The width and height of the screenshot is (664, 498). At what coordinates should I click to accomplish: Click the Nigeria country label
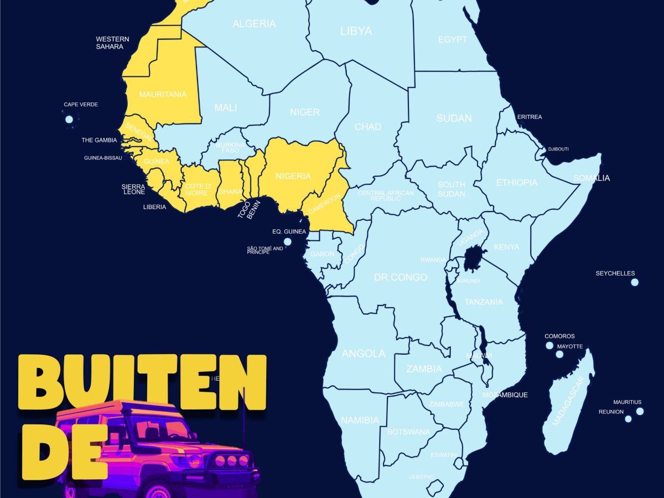pos(293,176)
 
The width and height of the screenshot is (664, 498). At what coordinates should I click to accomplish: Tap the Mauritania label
pos(163,95)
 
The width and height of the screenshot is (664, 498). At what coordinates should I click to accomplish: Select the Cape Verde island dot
pos(69,119)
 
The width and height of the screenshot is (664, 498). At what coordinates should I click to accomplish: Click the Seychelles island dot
pos(635,282)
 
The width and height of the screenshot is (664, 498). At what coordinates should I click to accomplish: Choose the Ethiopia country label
pos(516,183)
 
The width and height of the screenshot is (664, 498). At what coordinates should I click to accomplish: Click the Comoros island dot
pos(549,345)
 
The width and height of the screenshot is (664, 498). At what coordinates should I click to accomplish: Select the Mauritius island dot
pos(640,411)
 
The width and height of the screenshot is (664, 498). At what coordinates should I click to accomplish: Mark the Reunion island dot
pos(628,418)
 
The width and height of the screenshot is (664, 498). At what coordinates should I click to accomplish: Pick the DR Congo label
pos(401,277)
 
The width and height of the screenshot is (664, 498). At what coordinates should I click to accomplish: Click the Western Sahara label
pos(112,43)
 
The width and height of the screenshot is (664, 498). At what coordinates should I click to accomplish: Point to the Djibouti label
pos(558,149)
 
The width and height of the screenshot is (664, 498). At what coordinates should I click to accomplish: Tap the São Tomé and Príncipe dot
pos(287,242)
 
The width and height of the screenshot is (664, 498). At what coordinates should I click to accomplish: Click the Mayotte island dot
pos(559,354)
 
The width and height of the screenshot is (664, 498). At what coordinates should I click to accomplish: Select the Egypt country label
pos(452,40)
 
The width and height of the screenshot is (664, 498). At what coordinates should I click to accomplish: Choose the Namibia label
pos(360,420)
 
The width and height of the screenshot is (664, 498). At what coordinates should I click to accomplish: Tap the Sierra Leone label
pos(133,189)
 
